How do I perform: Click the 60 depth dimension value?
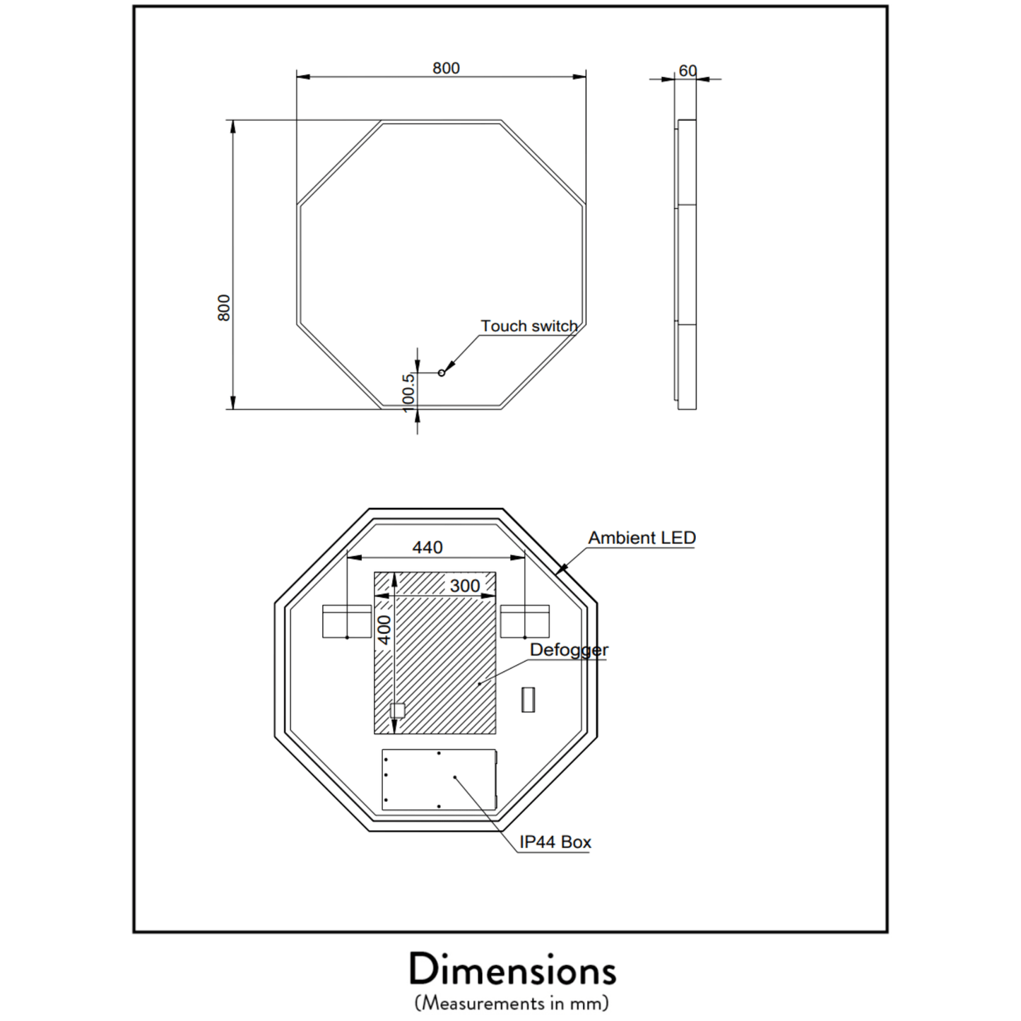[x=687, y=71]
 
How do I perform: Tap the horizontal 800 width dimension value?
[x=446, y=69]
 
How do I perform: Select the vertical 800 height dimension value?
[x=224, y=308]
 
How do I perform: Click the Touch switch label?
[x=529, y=326]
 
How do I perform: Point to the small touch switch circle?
[x=442, y=374]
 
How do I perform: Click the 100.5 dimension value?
[x=408, y=393]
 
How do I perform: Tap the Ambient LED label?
[x=642, y=538]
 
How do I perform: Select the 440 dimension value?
[x=427, y=548]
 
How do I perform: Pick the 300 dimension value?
[x=465, y=586]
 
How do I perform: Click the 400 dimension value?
[x=384, y=630]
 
